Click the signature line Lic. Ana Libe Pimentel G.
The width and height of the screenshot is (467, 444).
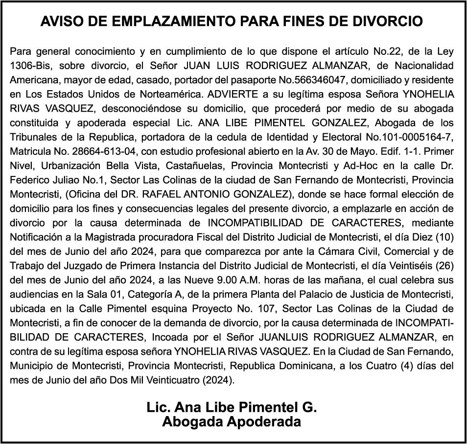232,407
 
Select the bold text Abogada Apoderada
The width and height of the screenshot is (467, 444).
232,421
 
